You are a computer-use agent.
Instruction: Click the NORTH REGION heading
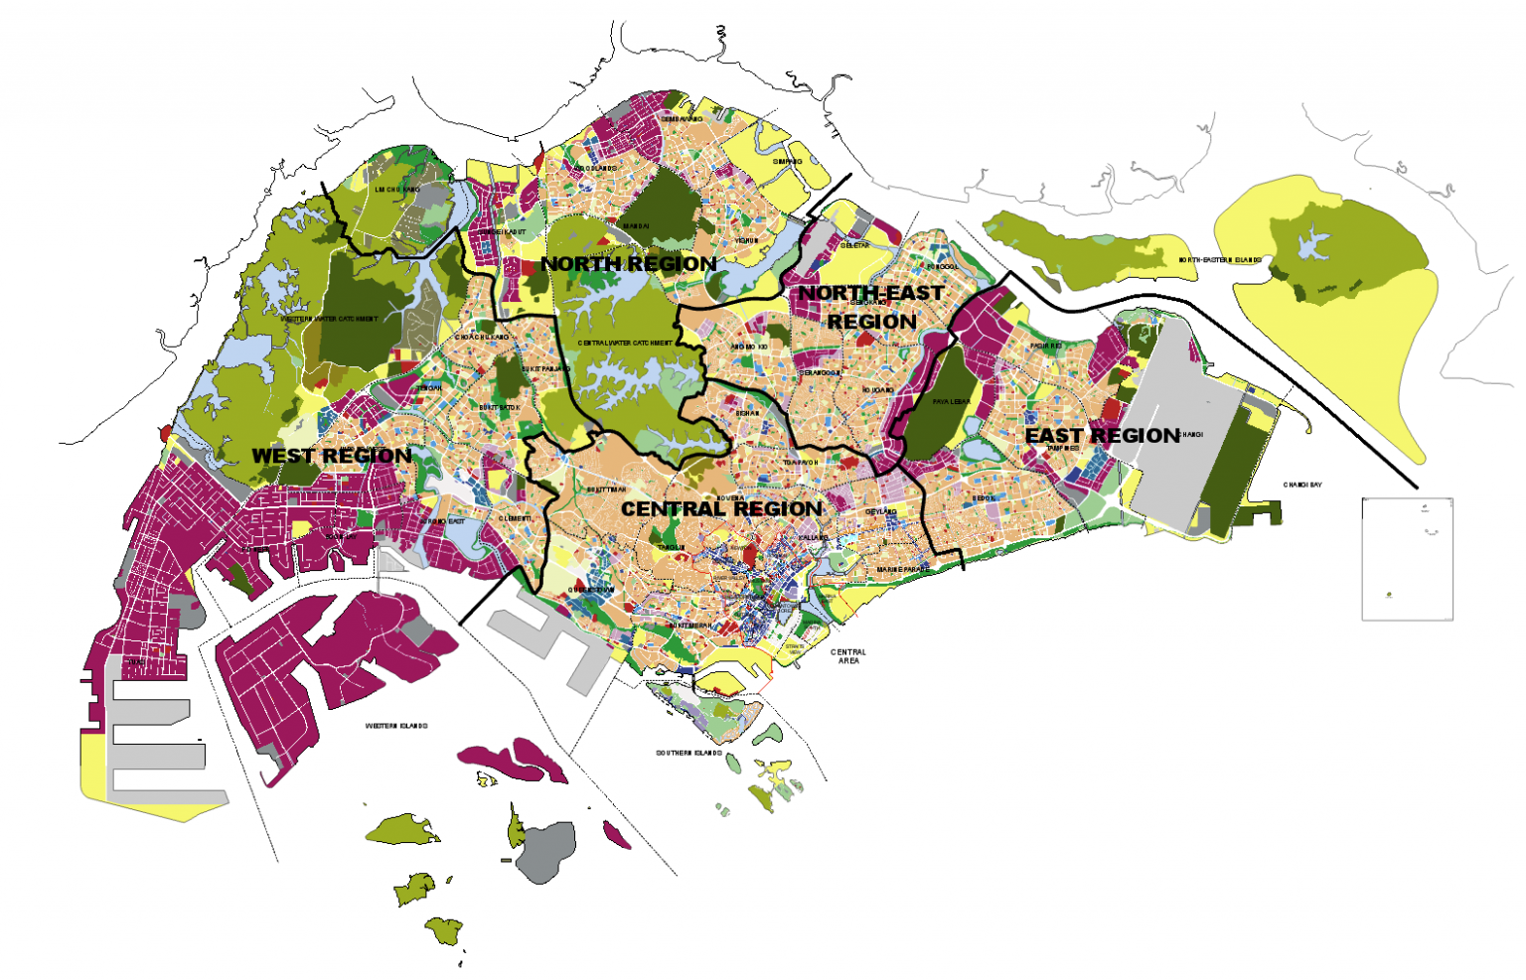628,264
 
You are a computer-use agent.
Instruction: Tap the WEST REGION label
331,456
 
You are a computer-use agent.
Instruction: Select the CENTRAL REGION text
721,509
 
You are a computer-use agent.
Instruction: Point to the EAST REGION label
1102,436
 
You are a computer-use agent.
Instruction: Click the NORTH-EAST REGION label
871,307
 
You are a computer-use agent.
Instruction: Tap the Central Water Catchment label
625,343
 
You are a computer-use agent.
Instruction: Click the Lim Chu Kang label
397,189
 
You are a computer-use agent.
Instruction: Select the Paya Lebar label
951,402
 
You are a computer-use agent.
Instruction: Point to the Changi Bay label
1302,486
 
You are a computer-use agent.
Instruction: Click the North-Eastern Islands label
1220,260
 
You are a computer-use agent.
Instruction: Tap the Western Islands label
396,726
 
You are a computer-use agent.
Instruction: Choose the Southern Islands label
688,753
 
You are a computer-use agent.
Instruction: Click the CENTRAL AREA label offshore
847,656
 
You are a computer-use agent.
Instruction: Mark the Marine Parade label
903,570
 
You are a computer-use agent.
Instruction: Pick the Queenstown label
591,590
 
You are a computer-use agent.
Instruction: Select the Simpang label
787,161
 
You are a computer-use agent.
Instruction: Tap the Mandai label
636,226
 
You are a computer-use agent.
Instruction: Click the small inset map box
1407,559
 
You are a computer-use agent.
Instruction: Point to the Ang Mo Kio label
749,347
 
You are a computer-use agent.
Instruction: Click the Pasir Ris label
1046,346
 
